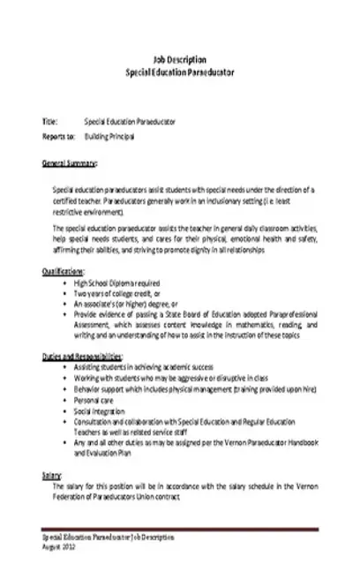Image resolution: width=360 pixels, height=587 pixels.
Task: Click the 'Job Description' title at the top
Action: [180, 54]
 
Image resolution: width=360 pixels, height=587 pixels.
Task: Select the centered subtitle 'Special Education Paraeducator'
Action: [180, 67]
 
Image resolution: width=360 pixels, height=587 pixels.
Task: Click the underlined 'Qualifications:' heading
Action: [64, 271]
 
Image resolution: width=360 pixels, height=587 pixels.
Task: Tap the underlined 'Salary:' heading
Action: [51, 475]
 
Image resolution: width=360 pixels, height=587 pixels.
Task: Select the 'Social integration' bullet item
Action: [101, 410]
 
